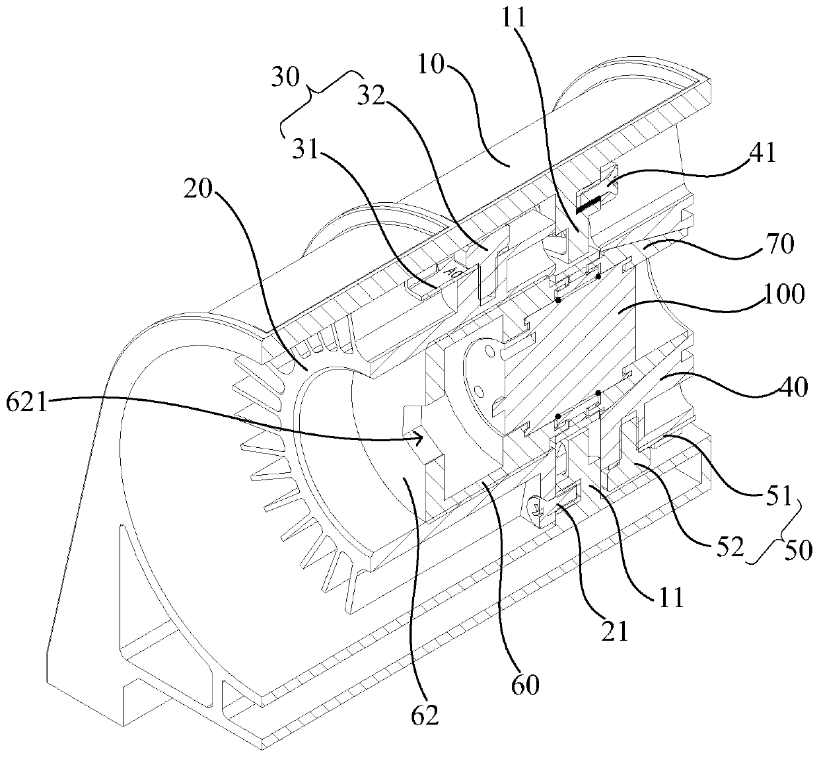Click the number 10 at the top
(433, 66)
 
